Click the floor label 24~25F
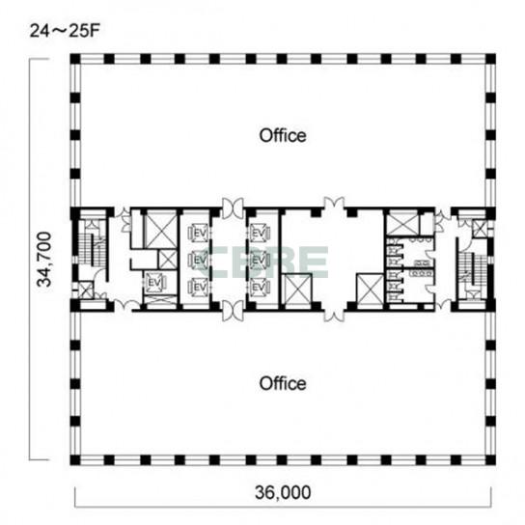coord(65,31)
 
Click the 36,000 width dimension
coord(283,492)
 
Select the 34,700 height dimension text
coord(44,260)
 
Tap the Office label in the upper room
coord(283,136)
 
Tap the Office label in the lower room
coord(283,383)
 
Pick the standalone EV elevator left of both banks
coord(154,283)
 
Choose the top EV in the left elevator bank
coord(200,233)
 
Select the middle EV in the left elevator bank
coord(200,260)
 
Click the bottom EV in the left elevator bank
coord(200,287)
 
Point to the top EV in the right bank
coord(259,233)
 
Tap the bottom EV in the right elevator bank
coord(259,287)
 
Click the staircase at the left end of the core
coord(94,243)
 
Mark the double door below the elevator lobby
coord(233,311)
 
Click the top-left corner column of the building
coord(75,59)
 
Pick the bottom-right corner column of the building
coord(490,460)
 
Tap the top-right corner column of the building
coord(490,59)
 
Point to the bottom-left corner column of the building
coord(75,460)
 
